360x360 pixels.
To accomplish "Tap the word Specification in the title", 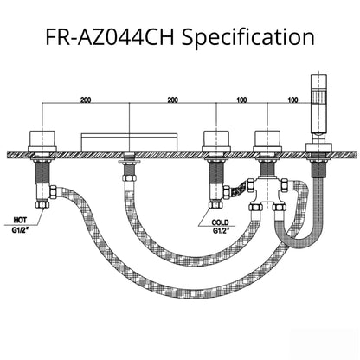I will [x=250, y=37].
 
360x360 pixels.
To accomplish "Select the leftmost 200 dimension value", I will [x=85, y=100].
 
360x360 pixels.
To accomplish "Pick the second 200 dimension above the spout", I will [x=172, y=100].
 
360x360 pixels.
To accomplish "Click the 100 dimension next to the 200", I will [x=238, y=100].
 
